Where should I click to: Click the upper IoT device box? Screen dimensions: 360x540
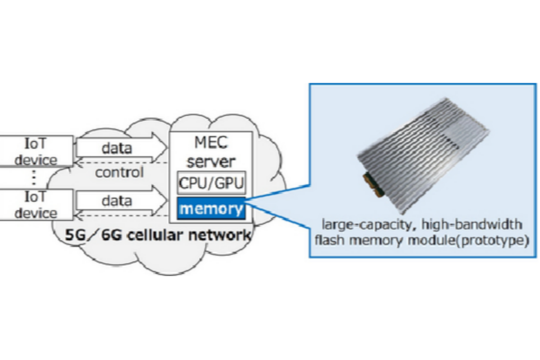pos(35,151)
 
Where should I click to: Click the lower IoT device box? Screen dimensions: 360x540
pos(35,205)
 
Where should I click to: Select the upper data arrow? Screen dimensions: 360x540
pos(118,148)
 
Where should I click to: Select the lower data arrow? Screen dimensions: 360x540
pos(118,201)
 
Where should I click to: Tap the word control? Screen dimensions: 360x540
pos(119,172)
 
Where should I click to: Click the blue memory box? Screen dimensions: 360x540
pos(211,209)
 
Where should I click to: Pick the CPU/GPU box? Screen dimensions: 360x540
pos(211,183)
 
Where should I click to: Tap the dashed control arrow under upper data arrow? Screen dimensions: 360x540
pos(121,162)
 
